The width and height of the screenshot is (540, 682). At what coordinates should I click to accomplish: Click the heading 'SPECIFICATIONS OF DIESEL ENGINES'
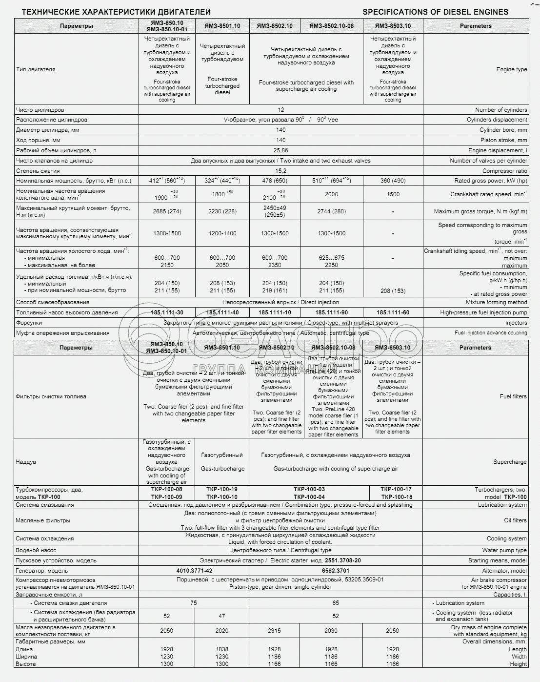435,12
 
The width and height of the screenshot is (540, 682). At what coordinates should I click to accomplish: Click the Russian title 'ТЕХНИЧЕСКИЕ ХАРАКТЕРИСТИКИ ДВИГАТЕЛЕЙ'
117,12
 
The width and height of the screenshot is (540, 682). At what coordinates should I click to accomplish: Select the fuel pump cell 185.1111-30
167,312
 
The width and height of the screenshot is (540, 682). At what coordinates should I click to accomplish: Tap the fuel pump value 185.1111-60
393,312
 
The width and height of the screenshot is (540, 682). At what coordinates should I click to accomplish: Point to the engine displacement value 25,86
280,150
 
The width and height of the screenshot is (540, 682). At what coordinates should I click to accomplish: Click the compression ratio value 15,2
280,171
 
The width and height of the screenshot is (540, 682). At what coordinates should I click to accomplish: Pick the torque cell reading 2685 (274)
167,211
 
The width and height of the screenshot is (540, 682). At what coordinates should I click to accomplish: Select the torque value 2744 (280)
331,211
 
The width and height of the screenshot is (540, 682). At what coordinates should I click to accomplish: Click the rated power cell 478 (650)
275,181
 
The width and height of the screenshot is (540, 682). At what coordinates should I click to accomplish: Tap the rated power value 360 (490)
393,181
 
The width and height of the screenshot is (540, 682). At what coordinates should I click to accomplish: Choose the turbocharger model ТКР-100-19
222,489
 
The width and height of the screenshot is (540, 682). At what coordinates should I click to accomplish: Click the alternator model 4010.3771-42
194,571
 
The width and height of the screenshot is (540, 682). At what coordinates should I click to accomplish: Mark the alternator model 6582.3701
336,571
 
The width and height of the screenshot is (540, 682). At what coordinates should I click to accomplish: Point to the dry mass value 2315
275,631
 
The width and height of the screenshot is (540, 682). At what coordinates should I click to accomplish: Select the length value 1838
222,649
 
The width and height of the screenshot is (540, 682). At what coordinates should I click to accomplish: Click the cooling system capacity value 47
222,616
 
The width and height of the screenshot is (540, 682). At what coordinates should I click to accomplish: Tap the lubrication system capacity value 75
194,603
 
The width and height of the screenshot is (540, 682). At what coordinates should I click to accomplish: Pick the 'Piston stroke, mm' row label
503,140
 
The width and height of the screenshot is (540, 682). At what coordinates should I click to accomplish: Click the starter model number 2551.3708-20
342,560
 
